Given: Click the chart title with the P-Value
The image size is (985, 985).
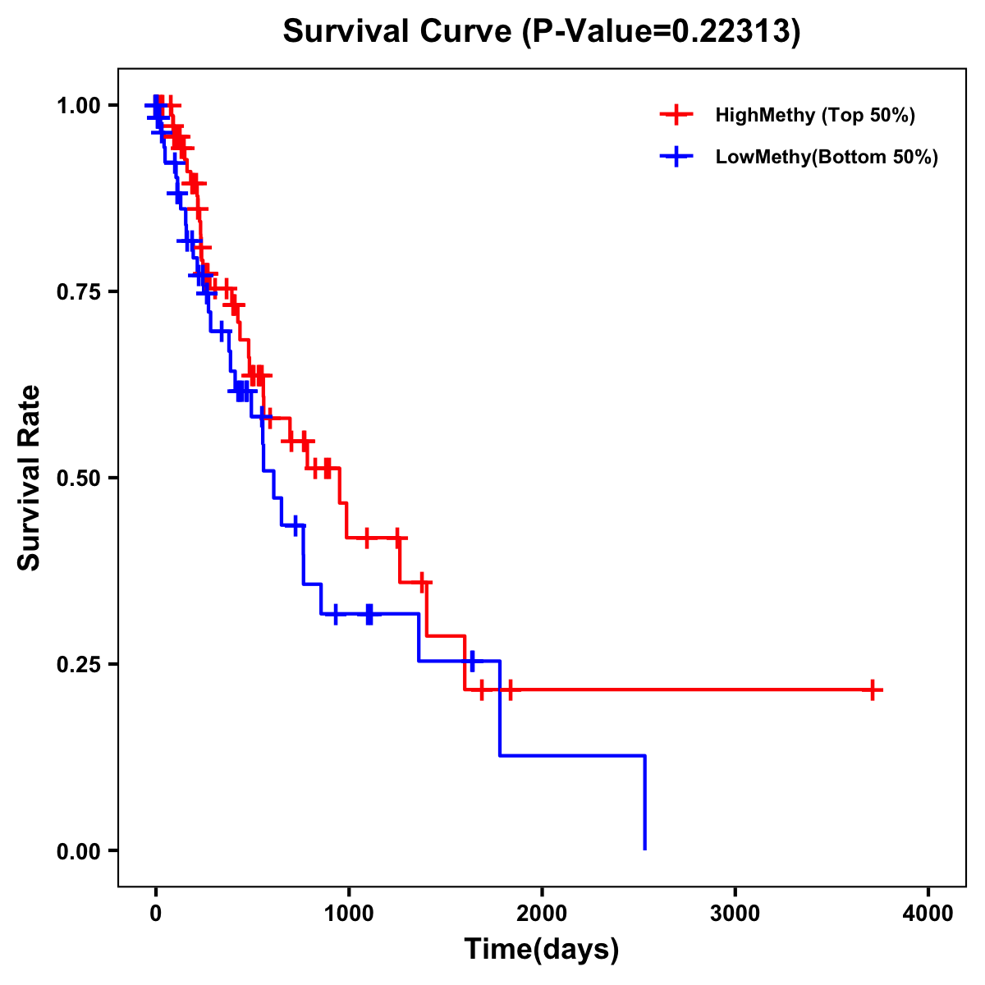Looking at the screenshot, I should pyautogui.click(x=541, y=31).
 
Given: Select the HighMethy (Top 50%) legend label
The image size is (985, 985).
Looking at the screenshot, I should pyautogui.click(x=814, y=115).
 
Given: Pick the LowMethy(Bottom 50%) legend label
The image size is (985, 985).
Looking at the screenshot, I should pyautogui.click(x=826, y=157).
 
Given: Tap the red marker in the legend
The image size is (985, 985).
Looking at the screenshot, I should pyautogui.click(x=676, y=115).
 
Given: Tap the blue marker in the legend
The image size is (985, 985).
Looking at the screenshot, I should pyautogui.click(x=676, y=157).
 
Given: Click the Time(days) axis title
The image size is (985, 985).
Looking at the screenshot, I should pyautogui.click(x=542, y=950).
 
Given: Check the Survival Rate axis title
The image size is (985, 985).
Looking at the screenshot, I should pyautogui.click(x=30, y=478).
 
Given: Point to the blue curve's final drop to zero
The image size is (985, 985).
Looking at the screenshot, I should pyautogui.click(x=645, y=804).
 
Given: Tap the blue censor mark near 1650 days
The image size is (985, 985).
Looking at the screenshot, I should pyautogui.click(x=471, y=661).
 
